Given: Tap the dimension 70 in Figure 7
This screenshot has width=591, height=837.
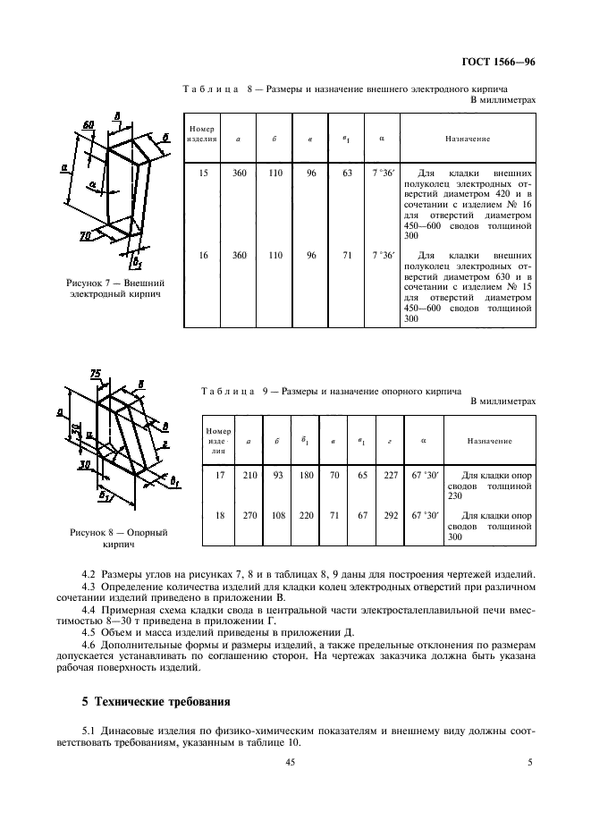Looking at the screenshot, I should click(x=86, y=235).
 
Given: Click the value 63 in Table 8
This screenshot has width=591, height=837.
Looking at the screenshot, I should click(x=347, y=173).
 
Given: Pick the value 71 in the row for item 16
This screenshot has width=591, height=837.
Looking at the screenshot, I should click(x=347, y=255).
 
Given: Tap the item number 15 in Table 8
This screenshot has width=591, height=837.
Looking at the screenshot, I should click(x=204, y=173).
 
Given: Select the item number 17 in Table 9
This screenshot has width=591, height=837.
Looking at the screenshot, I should click(x=219, y=475).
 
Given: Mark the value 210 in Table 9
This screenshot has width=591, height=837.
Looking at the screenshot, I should click(x=249, y=475).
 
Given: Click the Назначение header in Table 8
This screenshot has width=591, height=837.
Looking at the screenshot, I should click(x=467, y=139).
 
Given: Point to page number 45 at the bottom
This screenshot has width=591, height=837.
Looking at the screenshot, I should click(x=290, y=762).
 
